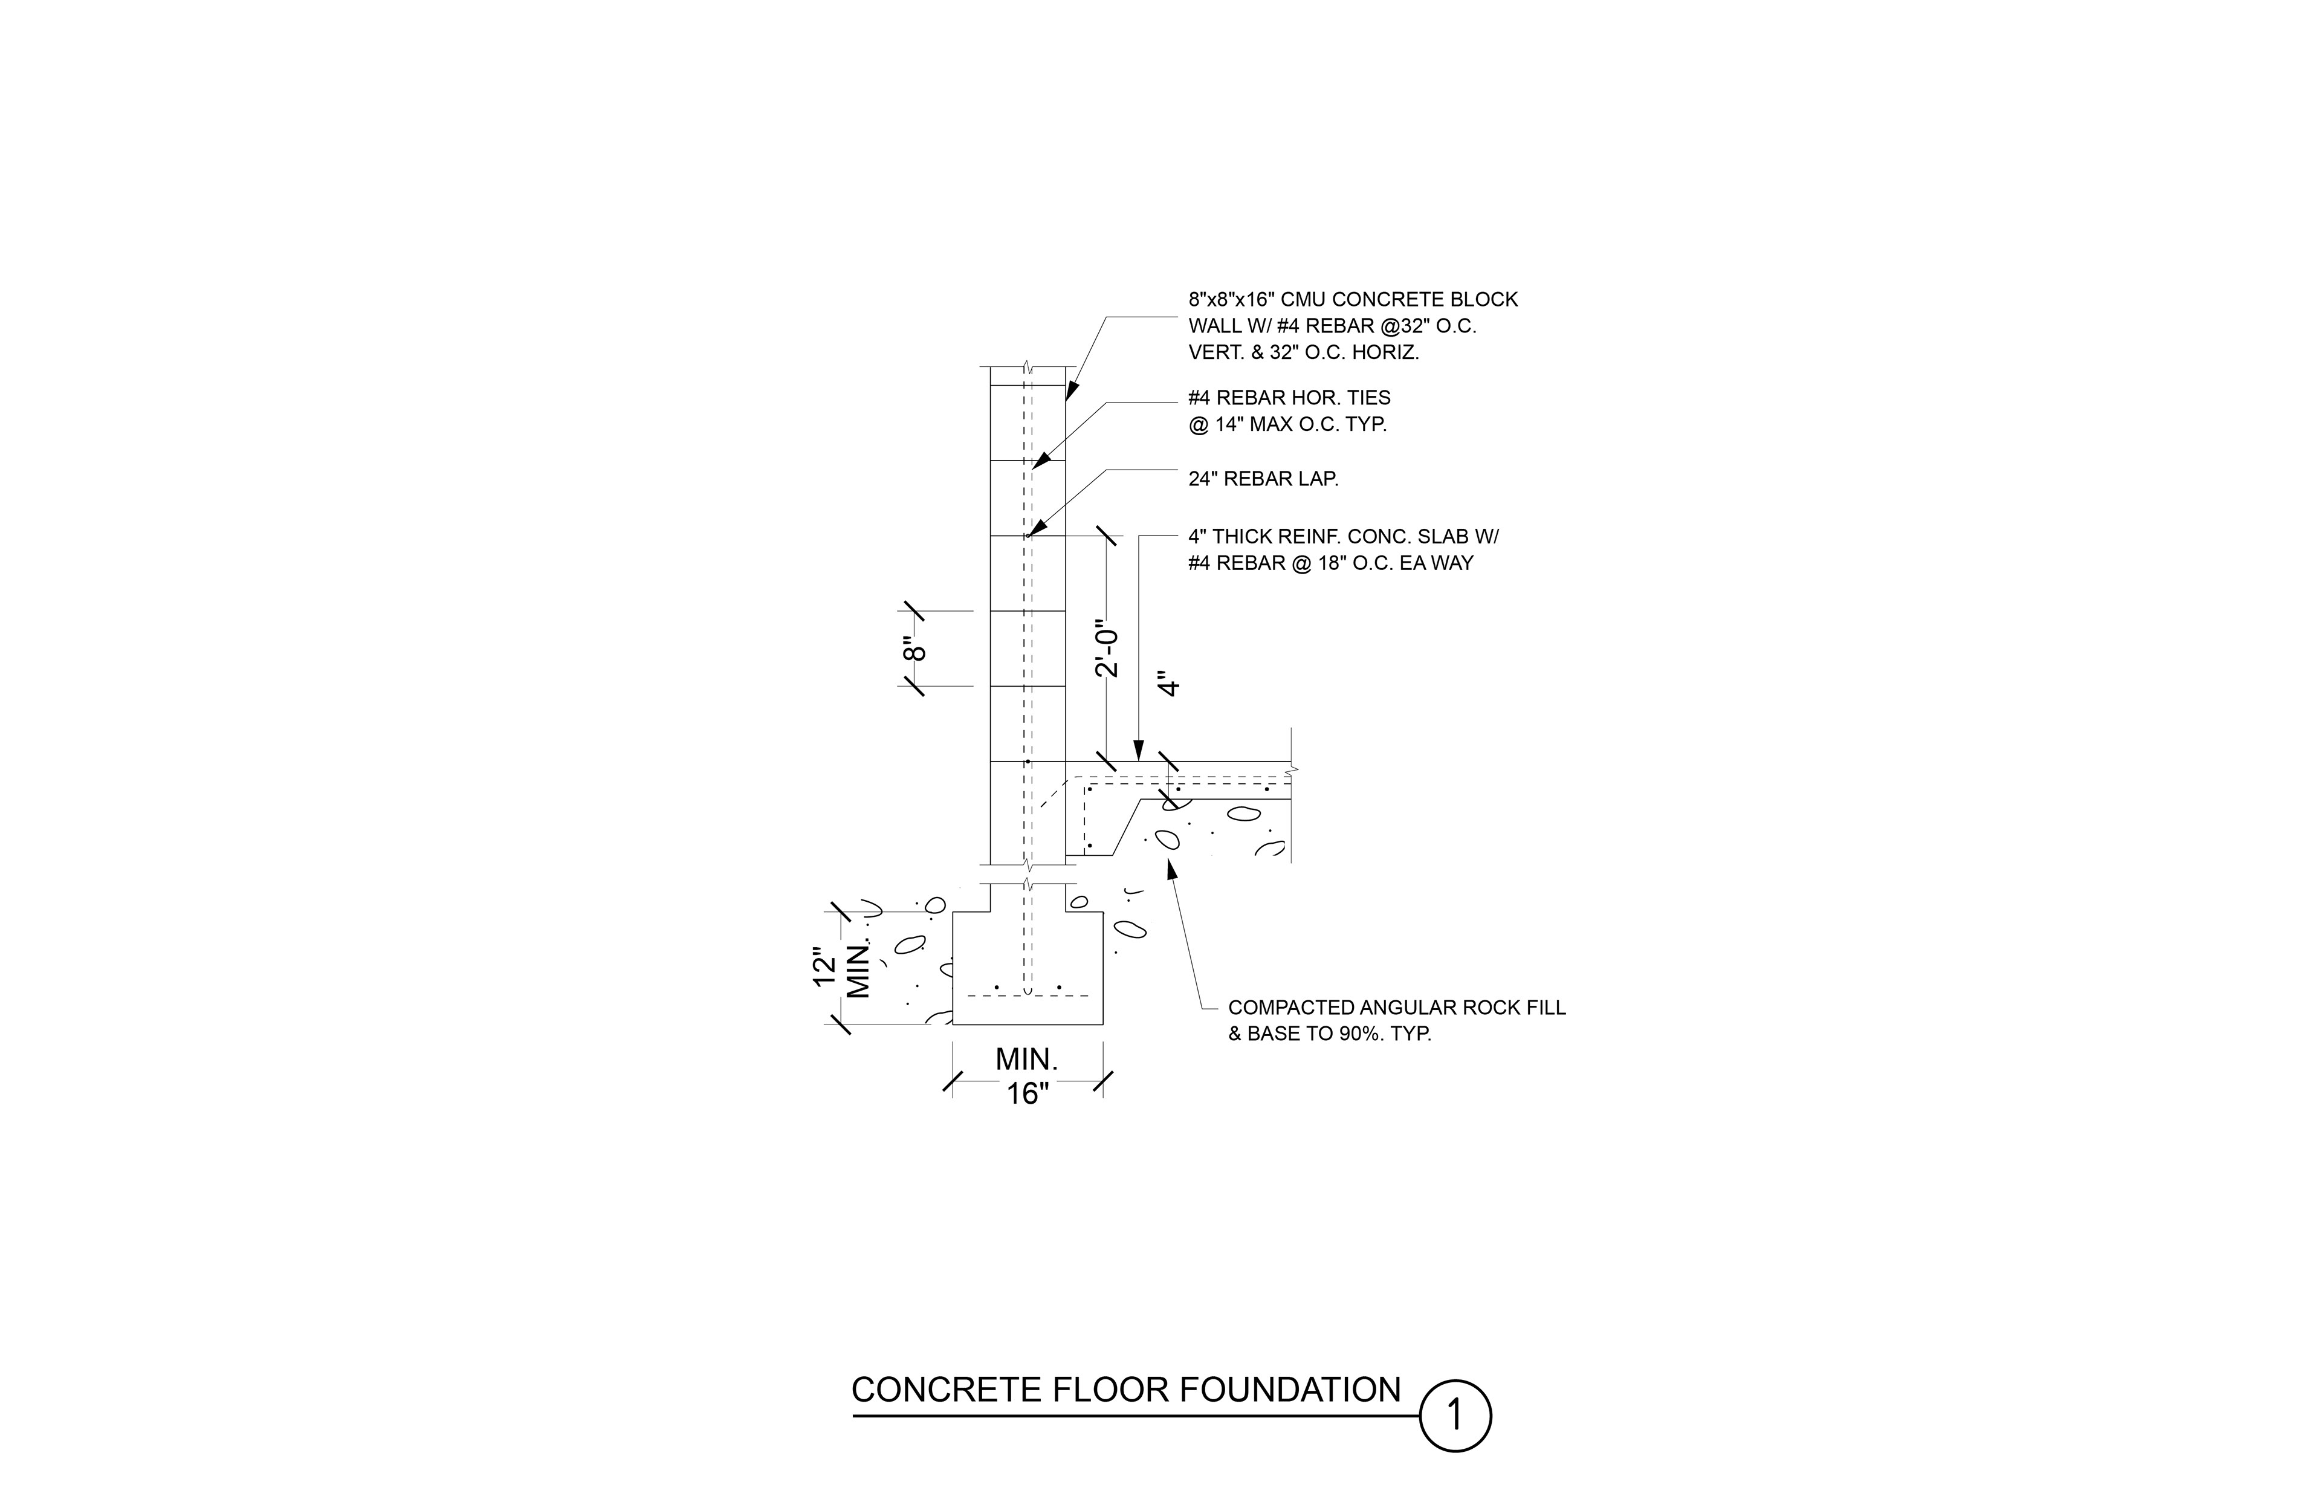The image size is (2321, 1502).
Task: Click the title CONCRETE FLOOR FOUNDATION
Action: pos(1127,1390)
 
